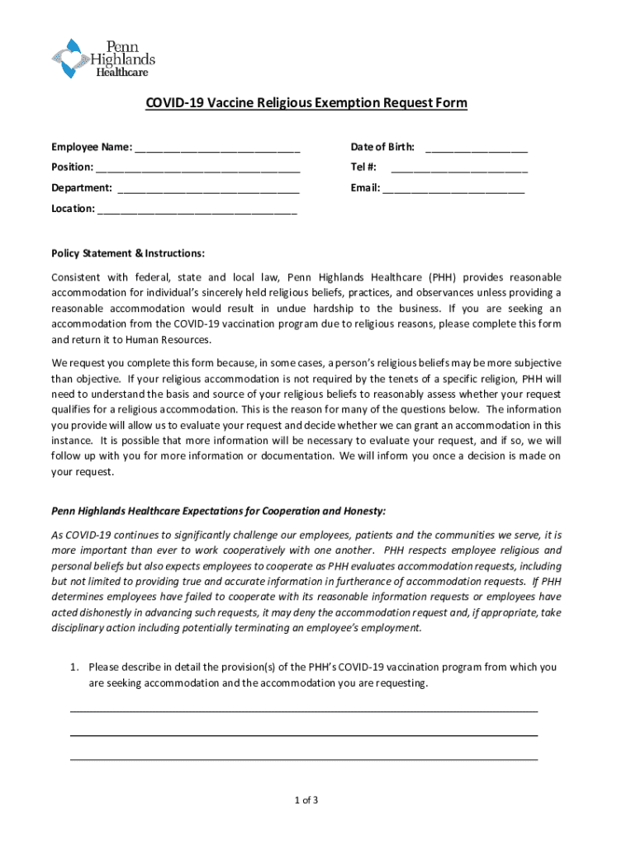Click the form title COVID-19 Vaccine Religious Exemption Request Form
306,103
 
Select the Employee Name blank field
217,149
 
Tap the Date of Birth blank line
477,149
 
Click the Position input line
197,169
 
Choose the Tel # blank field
458,169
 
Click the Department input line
208,189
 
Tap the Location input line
197,210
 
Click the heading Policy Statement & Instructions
128,253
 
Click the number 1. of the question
74,667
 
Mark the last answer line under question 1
303,758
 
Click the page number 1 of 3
306,800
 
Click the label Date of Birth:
382,147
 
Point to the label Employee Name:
91,147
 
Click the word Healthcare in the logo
123,73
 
